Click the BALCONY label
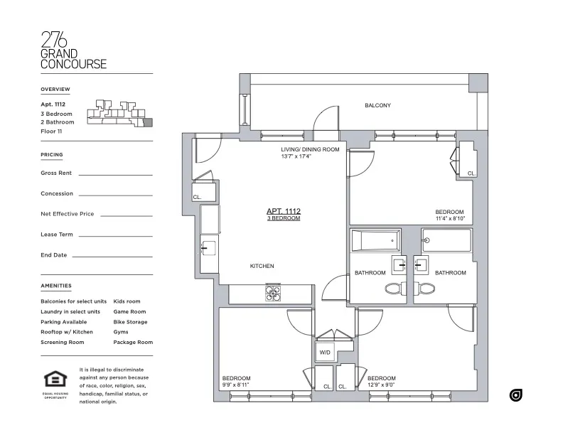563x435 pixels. [x=377, y=106]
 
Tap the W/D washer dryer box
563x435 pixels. [x=324, y=352]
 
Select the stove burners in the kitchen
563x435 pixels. [x=274, y=291]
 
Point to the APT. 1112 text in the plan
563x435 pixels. [x=283, y=211]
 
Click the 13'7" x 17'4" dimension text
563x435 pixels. [x=296, y=156]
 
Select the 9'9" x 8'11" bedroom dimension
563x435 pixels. [x=236, y=385]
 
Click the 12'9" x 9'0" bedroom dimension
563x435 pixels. [x=381, y=385]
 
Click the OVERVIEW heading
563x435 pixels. [x=55, y=89]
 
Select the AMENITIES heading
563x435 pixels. [x=56, y=286]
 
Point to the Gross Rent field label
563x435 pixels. [x=56, y=173]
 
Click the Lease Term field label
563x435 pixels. [x=57, y=234]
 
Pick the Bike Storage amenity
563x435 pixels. [x=130, y=322]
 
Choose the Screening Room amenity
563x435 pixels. [x=63, y=342]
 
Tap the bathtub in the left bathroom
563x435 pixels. [x=375, y=240]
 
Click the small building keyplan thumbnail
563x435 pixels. [x=117, y=113]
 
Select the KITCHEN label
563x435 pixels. [x=262, y=266]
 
